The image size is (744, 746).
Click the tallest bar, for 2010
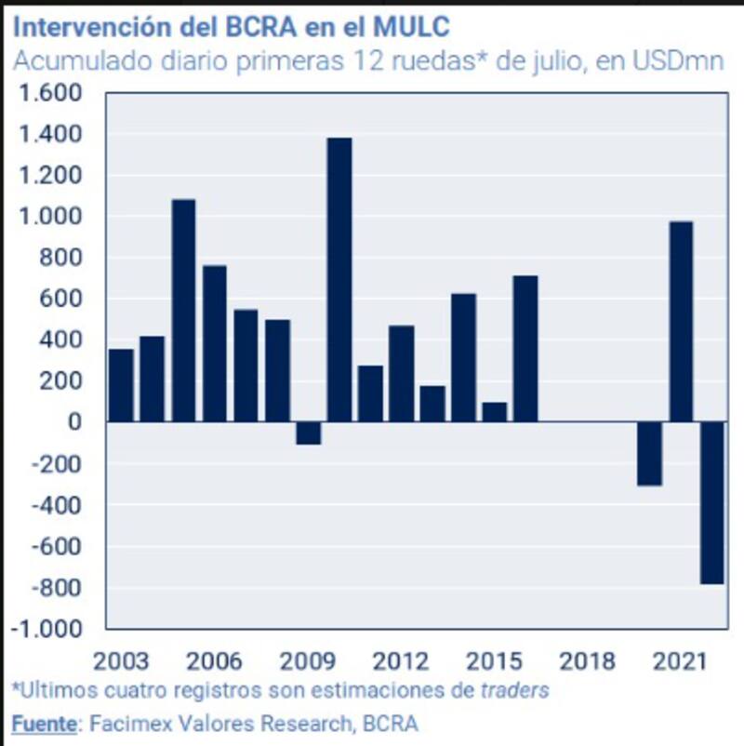point(339,279)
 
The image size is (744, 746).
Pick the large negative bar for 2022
point(711,502)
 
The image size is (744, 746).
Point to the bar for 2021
point(681,321)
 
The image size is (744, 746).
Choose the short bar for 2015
point(495,412)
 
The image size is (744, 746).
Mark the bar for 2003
point(121,385)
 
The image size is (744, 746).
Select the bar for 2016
point(525,349)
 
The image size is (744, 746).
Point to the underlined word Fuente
point(43,723)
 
